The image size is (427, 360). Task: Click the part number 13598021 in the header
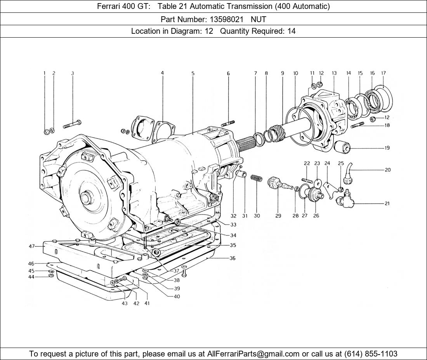[226, 19]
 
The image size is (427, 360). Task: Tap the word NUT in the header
[259, 19]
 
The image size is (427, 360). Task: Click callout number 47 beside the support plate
[32, 246]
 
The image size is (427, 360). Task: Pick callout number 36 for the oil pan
[232, 258]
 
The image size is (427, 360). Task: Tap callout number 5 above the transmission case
[193, 73]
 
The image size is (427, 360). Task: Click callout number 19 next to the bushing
[387, 148]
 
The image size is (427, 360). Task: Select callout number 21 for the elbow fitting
[387, 203]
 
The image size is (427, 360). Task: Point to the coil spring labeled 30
[257, 178]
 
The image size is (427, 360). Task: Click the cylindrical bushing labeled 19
[342, 147]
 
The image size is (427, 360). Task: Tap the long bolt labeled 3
[73, 124]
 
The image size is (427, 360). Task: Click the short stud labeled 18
[358, 125]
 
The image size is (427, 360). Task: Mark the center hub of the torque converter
[87, 199]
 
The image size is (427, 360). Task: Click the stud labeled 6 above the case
[228, 123]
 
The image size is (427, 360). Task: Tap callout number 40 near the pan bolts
[177, 296]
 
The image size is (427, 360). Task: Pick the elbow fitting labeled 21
[344, 198]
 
